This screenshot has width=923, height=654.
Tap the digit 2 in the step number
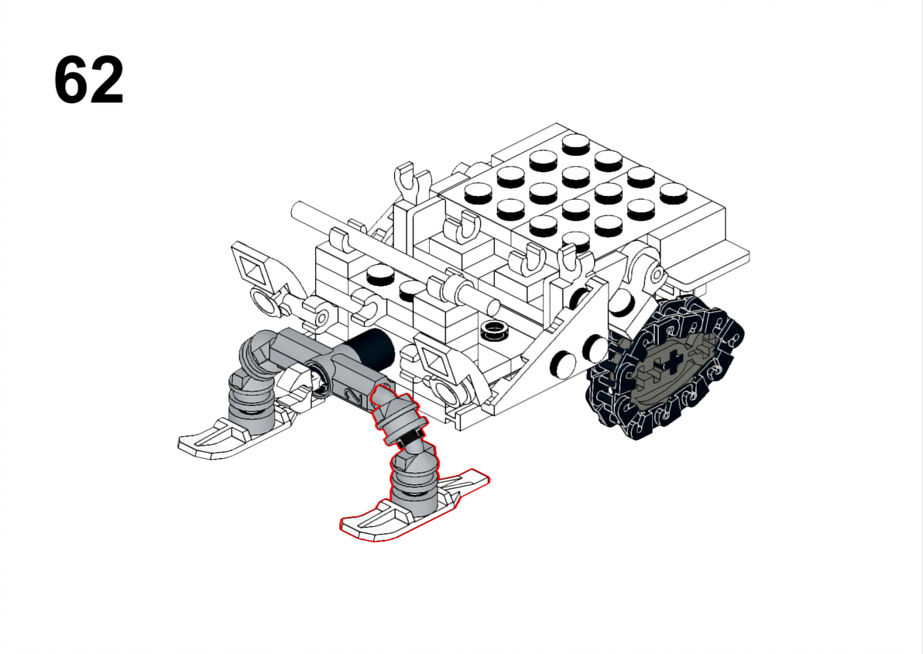pos(107,80)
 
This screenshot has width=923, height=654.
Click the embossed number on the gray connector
pos(355,396)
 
